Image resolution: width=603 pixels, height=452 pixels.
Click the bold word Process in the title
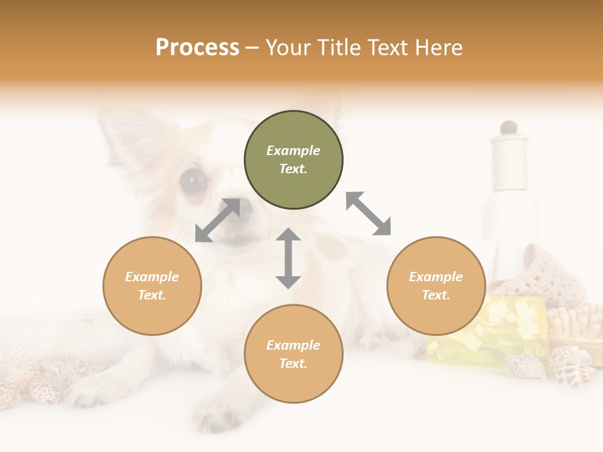(197, 48)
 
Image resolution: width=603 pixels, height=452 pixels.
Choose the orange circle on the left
(152, 286)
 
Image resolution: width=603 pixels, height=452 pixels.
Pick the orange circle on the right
(436, 286)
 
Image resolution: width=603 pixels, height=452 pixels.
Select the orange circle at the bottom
(293, 354)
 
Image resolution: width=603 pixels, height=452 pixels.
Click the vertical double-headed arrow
(288, 258)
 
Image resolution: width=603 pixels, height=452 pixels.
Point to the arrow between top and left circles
(217, 220)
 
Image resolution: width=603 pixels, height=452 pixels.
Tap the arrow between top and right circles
(368, 213)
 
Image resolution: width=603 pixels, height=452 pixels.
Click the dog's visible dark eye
(192, 181)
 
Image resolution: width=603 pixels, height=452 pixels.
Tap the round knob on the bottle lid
(509, 127)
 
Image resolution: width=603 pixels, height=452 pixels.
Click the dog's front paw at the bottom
(214, 414)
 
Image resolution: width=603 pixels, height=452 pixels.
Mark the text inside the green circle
(293, 159)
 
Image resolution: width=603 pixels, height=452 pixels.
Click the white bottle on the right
(509, 201)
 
